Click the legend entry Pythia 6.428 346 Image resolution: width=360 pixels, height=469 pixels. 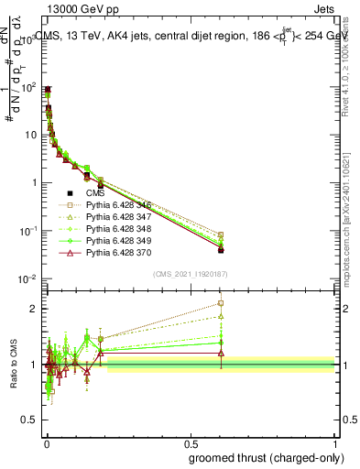pyautogui.click(x=115, y=208)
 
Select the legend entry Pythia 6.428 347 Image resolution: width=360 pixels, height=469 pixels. pyautogui.click(x=115, y=222)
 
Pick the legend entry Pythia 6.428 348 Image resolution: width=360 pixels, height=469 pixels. pyautogui.click(x=115, y=235)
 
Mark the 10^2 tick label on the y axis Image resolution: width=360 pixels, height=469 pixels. pyautogui.click(x=28, y=87)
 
